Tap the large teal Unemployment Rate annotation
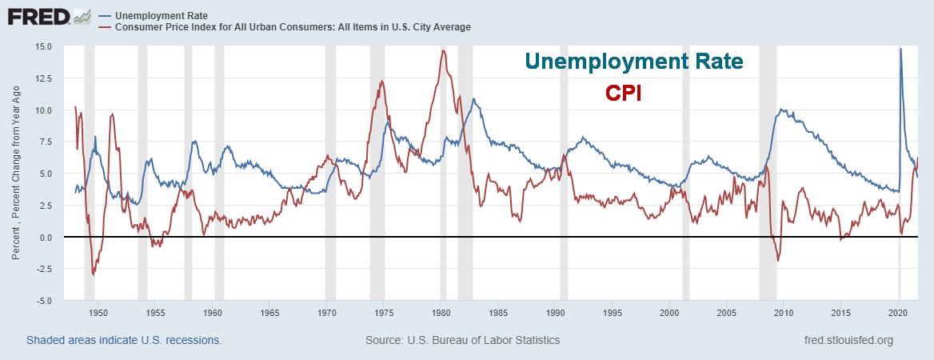pyautogui.click(x=633, y=62)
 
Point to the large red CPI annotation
pyautogui.click(x=624, y=93)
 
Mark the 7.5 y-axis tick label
pyautogui.click(x=45, y=142)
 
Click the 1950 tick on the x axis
pyautogui.click(x=98, y=313)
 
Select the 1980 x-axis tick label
pyautogui.click(x=441, y=313)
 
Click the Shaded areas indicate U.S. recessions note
pyautogui.click(x=124, y=340)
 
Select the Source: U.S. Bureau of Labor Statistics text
pyautogui.click(x=462, y=340)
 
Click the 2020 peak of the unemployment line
pyautogui.click(x=900, y=49)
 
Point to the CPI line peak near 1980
pyautogui.click(x=442, y=51)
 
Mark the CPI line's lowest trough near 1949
pyautogui.click(x=94, y=274)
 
